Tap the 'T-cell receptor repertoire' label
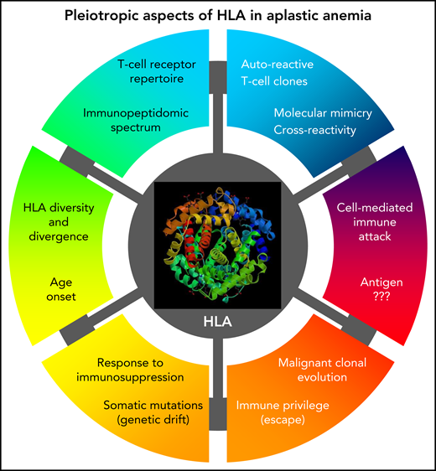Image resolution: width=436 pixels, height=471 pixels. coord(147,74)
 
